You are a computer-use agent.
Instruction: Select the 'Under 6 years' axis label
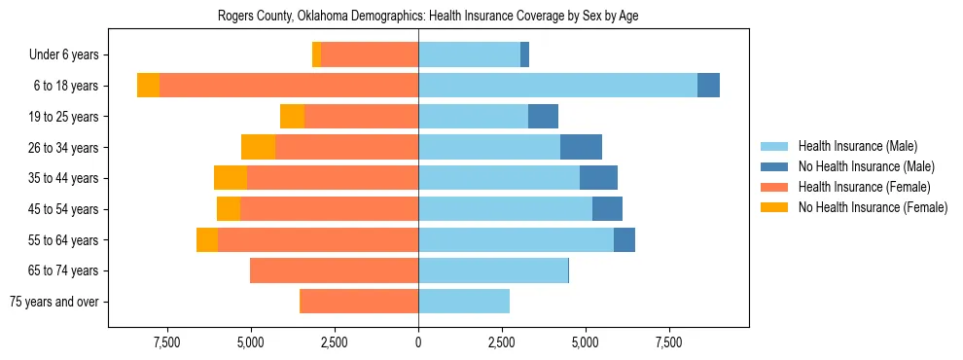tap(70, 55)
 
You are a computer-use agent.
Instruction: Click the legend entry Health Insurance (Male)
tap(857, 147)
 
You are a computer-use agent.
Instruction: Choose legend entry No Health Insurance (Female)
tap(873, 207)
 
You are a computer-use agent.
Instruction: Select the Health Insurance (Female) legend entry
tap(864, 187)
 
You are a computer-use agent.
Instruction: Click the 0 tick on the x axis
tap(418, 343)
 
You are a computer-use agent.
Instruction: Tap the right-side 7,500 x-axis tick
tap(669, 343)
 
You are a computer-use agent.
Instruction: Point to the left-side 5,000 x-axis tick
tap(250, 343)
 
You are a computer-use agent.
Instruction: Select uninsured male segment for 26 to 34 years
tap(581, 147)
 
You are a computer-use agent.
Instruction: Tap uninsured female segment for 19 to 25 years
tap(292, 117)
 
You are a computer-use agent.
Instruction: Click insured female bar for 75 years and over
tap(359, 302)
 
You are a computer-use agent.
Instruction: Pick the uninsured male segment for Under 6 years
tap(524, 54)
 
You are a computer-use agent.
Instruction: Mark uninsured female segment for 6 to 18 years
tap(148, 86)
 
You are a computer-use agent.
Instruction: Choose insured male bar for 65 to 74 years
tap(493, 270)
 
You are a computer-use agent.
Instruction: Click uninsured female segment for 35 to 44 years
tap(231, 178)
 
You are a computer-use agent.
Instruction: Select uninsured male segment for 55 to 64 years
tap(624, 239)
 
